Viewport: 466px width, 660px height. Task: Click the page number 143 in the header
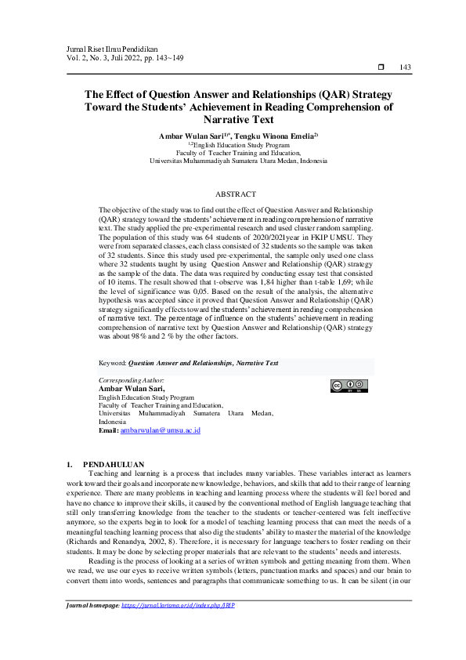click(405, 67)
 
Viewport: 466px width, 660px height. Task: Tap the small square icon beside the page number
click(382, 67)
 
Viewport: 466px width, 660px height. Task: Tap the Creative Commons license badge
click(349, 386)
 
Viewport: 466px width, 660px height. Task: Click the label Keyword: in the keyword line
click(113, 364)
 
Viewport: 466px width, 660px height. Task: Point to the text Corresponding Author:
click(132, 379)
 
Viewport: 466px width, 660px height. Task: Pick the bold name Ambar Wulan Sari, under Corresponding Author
click(132, 388)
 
